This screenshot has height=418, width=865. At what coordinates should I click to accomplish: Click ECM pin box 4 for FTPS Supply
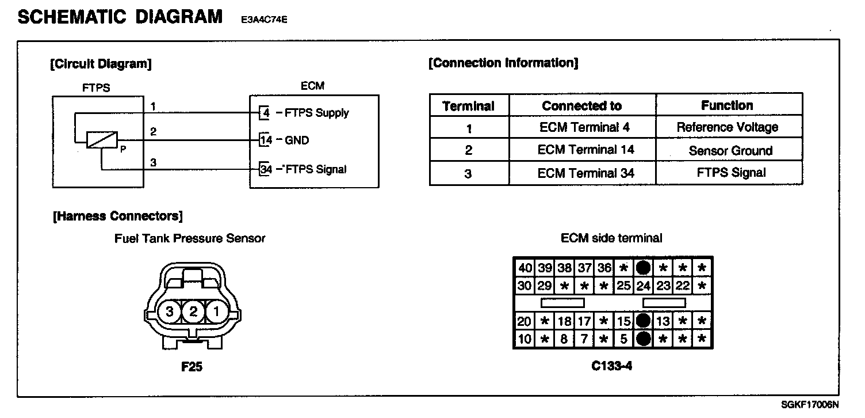[265, 113]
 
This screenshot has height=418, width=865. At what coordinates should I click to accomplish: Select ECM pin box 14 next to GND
[265, 140]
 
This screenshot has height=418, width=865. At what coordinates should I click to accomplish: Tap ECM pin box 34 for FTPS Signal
[265, 169]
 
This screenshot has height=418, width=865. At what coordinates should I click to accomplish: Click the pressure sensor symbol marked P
[102, 140]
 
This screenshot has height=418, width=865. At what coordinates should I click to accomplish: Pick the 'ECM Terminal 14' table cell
[582, 150]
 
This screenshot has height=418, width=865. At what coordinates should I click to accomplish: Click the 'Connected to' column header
[581, 106]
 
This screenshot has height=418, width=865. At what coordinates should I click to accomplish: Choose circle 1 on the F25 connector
[216, 312]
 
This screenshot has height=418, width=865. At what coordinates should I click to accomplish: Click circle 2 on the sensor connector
[193, 312]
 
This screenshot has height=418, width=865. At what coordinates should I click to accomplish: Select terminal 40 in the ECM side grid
[525, 268]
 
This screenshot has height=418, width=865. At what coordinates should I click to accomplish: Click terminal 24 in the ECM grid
[643, 286]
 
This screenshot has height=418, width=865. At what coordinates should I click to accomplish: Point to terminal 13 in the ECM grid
[663, 321]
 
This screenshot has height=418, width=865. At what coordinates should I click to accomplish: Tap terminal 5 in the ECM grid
[623, 339]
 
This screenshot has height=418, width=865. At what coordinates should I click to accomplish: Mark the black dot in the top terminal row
[643, 268]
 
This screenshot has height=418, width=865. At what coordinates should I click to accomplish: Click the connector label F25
[192, 366]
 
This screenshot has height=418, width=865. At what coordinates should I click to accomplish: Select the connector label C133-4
[611, 366]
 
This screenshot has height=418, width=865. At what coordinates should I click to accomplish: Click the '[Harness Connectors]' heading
[117, 216]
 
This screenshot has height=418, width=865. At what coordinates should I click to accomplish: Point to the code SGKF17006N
[810, 405]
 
